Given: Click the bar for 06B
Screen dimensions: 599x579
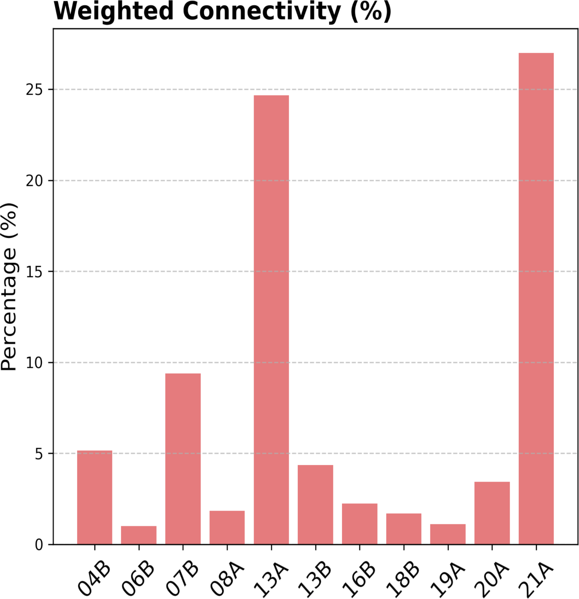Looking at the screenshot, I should pos(139,535).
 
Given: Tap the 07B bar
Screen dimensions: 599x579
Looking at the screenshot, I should pos(183,459).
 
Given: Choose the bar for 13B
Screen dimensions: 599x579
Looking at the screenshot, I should pos(315,504).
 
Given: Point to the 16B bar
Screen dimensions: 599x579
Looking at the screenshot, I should pos(360,524).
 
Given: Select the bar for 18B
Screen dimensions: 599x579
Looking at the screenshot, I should pos(404,529).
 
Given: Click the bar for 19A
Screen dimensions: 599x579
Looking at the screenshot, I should pos(448,534).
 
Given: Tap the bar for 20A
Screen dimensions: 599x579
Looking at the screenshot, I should pos(492,513).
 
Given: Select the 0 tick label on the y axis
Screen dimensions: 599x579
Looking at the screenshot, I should pos(39,545).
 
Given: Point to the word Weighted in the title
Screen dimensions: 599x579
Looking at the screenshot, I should pos(113,11).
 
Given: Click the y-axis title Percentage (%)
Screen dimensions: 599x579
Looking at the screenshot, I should pos(9,286).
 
